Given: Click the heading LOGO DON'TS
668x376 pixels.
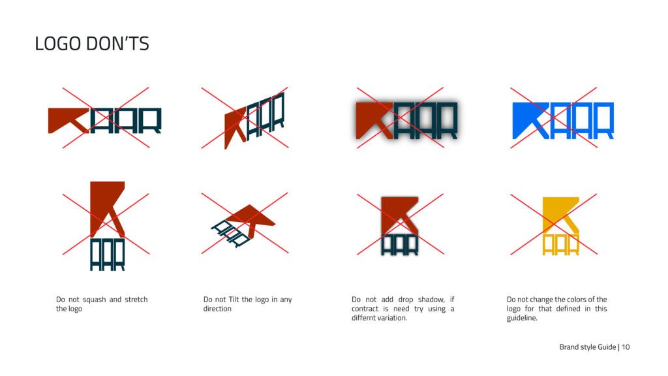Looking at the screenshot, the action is [92, 44].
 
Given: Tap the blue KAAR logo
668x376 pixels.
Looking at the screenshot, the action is [563, 121].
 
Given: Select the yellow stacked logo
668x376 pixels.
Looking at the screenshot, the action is [560, 226].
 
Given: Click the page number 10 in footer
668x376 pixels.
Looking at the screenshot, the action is [626, 347].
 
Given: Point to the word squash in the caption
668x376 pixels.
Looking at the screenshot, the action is [94, 300].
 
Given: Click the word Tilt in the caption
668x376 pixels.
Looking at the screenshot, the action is [234, 299].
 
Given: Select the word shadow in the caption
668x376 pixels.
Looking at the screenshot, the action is [431, 299].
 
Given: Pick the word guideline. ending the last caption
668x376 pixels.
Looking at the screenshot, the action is [522, 318].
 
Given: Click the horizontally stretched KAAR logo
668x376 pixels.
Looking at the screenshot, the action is [105, 121].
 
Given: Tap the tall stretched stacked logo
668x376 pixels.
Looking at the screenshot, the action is [108, 226].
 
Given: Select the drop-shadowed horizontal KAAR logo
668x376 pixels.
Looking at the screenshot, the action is [406, 121].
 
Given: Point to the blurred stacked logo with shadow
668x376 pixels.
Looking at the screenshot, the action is [400, 226].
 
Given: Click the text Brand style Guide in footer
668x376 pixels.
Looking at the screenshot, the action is [588, 347].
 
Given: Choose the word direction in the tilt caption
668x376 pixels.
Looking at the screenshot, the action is [217, 309].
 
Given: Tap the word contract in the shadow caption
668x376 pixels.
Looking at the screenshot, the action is [365, 309].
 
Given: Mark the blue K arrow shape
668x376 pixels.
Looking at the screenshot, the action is [531, 121].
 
